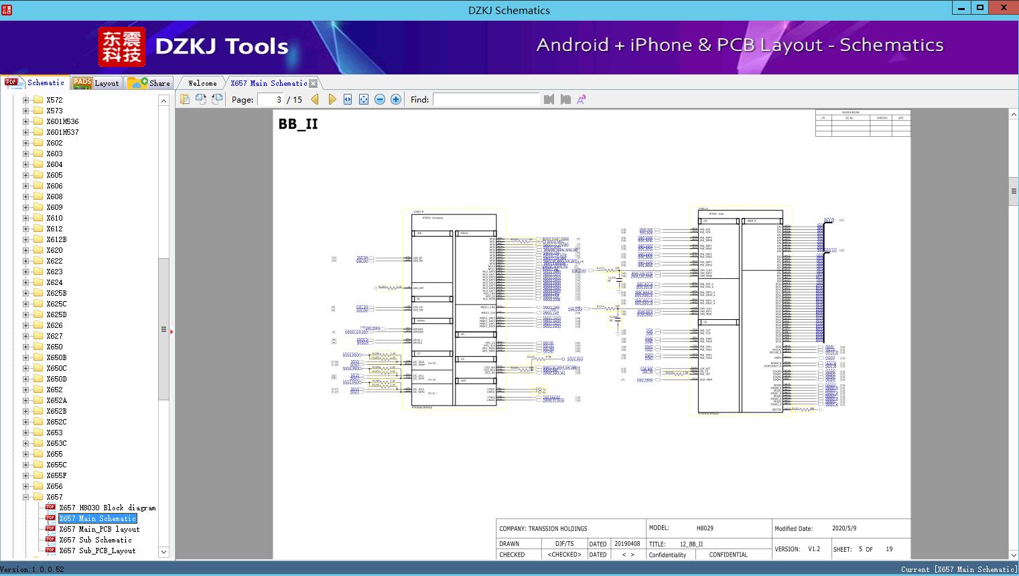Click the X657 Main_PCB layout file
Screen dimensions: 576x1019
99,529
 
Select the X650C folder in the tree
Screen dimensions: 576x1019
56,368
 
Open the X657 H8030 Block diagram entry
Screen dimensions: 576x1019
107,508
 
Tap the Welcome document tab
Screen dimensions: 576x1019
202,83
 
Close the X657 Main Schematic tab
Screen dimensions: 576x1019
314,83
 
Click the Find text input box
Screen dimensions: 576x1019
486,99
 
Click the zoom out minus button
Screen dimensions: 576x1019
380,99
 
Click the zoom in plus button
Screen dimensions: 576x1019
396,99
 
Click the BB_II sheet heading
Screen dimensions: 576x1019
298,124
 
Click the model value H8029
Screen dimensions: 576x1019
705,528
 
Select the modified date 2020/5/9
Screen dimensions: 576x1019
844,528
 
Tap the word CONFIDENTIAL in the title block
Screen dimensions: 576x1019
728,555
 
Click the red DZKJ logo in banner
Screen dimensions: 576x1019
121,47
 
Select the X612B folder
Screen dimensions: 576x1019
56,239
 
